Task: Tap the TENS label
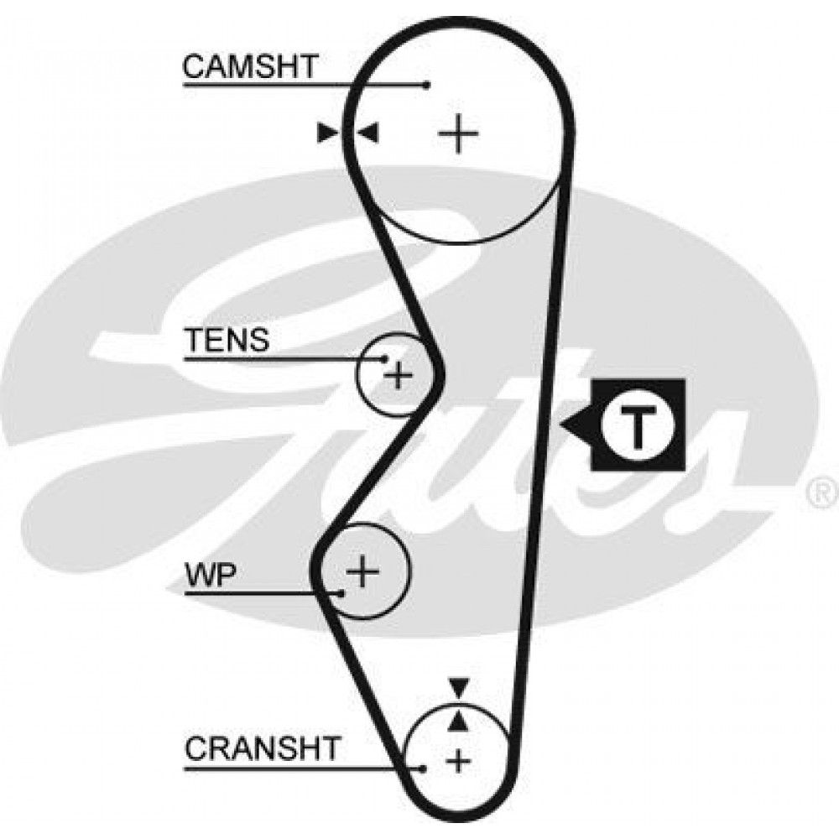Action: pos(227,340)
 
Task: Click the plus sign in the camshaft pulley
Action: pos(458,133)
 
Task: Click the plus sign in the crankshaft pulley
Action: pos(457,760)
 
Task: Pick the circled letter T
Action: pos(638,424)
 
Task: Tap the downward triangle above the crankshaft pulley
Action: pos(457,687)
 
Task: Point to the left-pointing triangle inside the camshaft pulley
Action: pos(369,132)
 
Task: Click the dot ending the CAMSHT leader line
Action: pos(427,85)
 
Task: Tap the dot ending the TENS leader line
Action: pos(385,359)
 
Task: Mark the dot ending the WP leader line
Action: pos(342,593)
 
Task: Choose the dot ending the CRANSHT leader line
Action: pos(425,767)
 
